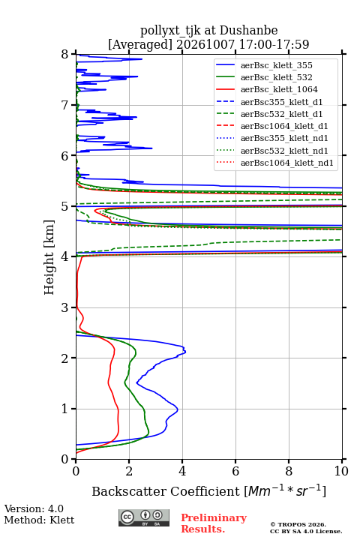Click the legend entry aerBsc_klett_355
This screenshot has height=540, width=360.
(x=276, y=65)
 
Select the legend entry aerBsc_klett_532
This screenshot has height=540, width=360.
(x=276, y=77)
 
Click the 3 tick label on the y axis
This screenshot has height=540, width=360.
(x=65, y=307)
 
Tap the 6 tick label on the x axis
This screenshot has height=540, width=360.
(x=235, y=471)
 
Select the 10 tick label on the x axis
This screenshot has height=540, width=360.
(x=341, y=471)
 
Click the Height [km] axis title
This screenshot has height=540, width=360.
(x=49, y=257)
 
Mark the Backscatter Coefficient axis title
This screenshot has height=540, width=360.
(x=208, y=490)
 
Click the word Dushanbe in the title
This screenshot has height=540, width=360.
(x=249, y=30)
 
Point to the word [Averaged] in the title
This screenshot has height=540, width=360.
(x=140, y=44)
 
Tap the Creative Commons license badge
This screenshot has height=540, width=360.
(x=144, y=518)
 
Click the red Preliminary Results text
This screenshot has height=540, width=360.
(x=214, y=523)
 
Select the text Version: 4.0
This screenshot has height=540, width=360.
(x=34, y=508)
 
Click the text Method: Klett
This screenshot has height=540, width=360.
(x=39, y=520)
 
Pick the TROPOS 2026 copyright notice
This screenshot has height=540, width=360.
(x=298, y=524)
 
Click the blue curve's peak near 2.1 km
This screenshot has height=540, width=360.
(x=185, y=352)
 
